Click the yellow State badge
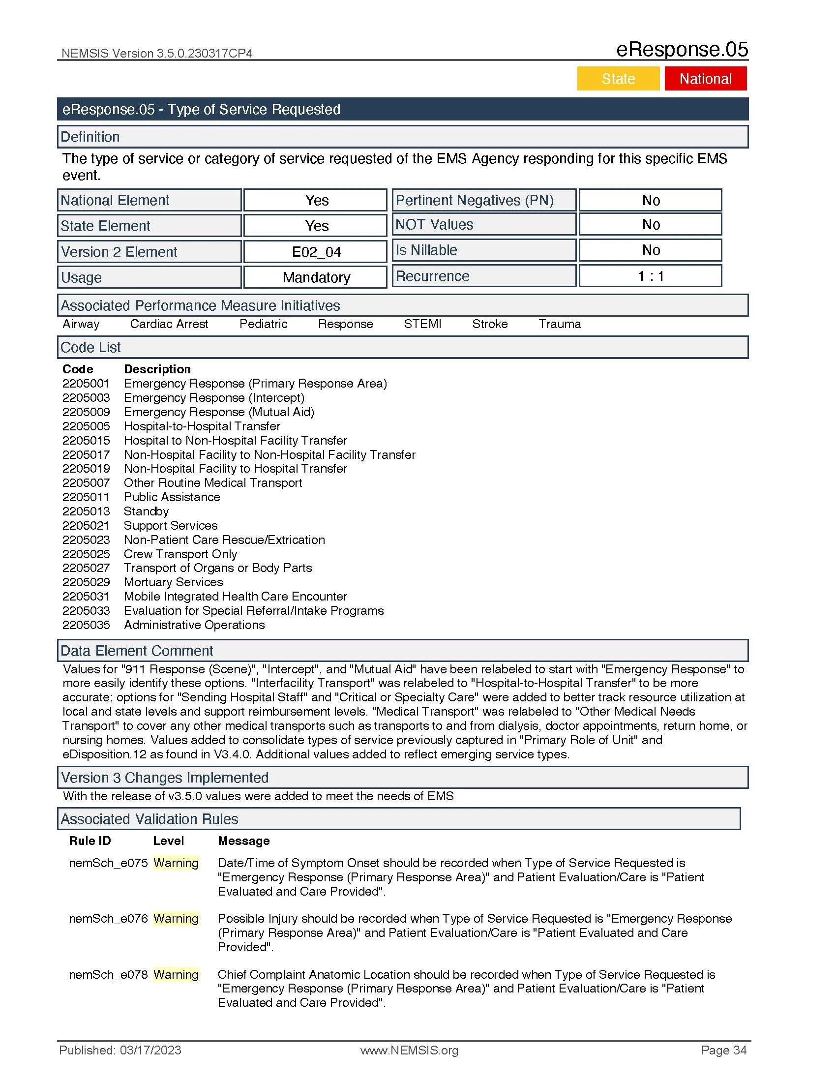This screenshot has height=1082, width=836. pyautogui.click(x=618, y=79)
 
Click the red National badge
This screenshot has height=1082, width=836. pyautogui.click(x=705, y=79)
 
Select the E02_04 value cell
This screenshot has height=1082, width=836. pyautogui.click(x=316, y=252)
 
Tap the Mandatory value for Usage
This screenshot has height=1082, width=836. pyautogui.click(x=316, y=277)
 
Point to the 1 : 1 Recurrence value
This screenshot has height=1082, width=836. pyautogui.click(x=650, y=276)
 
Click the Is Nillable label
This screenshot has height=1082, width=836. pyautogui.click(x=426, y=250)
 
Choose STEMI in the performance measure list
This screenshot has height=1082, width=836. pyautogui.click(x=422, y=324)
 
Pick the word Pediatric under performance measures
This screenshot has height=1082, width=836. pyautogui.click(x=263, y=324)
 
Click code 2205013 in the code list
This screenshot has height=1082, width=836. pyautogui.click(x=86, y=511)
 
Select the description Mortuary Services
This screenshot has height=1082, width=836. pyautogui.click(x=173, y=582)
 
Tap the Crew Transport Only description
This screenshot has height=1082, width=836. pyautogui.click(x=180, y=554)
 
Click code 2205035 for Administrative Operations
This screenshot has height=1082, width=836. pyautogui.click(x=86, y=625)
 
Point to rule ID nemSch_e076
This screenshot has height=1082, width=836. pyautogui.click(x=108, y=919)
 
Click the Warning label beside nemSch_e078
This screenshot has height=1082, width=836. pyautogui.click(x=176, y=974)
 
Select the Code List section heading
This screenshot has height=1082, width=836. pyautogui.click(x=90, y=348)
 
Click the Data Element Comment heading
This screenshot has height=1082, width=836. pyautogui.click(x=137, y=651)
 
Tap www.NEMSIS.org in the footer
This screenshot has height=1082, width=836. pyautogui.click(x=409, y=1051)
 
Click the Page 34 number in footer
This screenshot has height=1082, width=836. pyautogui.click(x=723, y=1051)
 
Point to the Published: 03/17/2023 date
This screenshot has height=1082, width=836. pyautogui.click(x=120, y=1051)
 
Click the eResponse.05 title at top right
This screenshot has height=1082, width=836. pyautogui.click(x=682, y=50)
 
